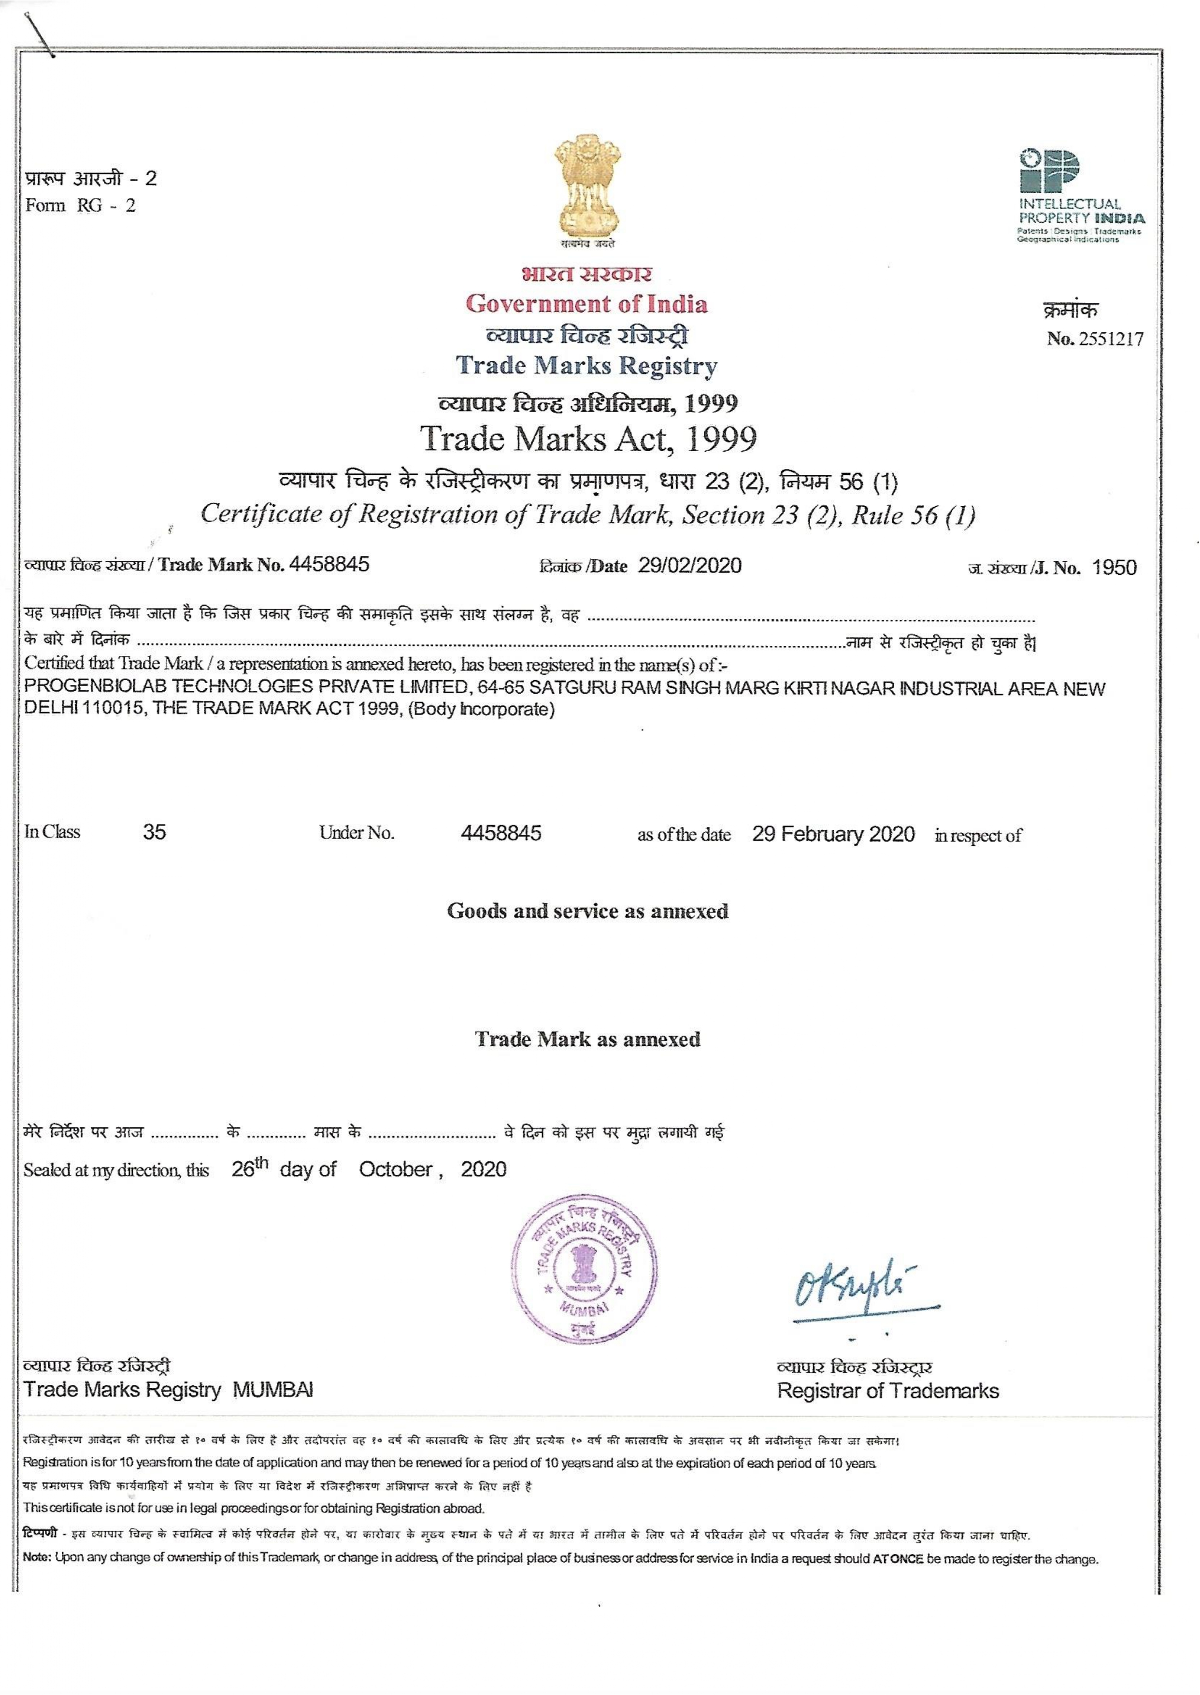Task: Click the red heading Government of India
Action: [586, 304]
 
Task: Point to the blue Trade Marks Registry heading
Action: [586, 365]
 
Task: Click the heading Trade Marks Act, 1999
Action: [589, 439]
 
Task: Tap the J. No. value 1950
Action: [1114, 568]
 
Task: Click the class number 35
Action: [155, 832]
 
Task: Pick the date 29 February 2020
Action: [833, 834]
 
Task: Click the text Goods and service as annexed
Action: [587, 911]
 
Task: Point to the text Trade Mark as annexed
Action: [587, 1040]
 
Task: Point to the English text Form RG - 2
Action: [81, 205]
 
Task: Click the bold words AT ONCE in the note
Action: [898, 1559]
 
